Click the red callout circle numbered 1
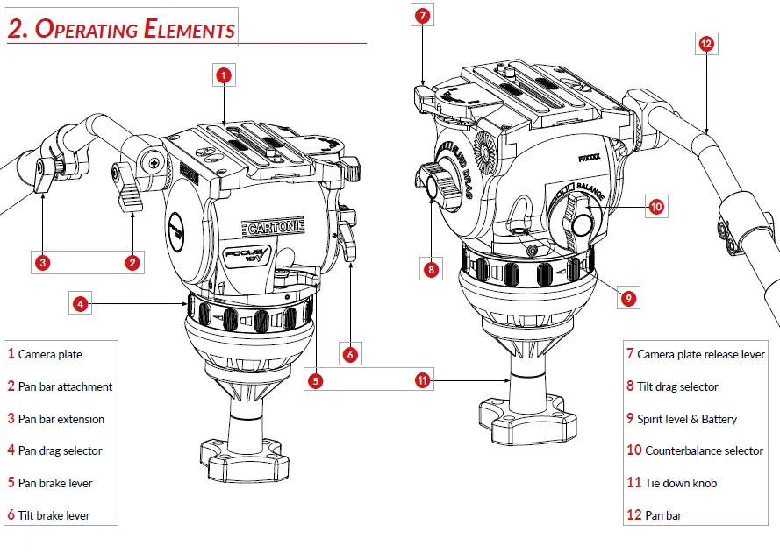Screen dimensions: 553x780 pyautogui.click(x=224, y=75)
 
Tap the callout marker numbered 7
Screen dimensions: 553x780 pyautogui.click(x=423, y=16)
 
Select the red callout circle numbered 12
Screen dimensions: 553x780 pyautogui.click(x=706, y=42)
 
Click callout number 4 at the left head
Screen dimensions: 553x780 pyautogui.click(x=80, y=304)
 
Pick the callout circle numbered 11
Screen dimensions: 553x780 pyautogui.click(x=422, y=380)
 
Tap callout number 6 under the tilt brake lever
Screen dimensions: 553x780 pyautogui.click(x=350, y=355)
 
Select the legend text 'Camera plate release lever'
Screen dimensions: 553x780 pyautogui.click(x=700, y=354)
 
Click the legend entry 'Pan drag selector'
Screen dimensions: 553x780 pyautogui.click(x=60, y=450)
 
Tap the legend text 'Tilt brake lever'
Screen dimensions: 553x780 pyautogui.click(x=54, y=515)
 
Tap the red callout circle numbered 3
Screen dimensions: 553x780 pyautogui.click(x=42, y=261)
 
